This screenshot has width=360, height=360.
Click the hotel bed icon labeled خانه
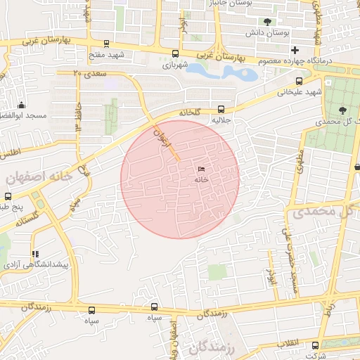tap(202, 169)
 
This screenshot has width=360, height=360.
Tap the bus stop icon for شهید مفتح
tap(106, 43)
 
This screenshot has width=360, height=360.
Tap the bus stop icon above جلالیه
tap(221, 109)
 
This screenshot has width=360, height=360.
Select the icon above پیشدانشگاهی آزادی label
tap(34, 254)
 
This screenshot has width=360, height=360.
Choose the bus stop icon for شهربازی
tap(174, 53)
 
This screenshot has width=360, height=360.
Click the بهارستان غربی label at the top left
tap(63, 43)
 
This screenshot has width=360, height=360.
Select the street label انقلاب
tap(288, 342)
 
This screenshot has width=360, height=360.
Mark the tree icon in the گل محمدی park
tap(342, 110)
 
